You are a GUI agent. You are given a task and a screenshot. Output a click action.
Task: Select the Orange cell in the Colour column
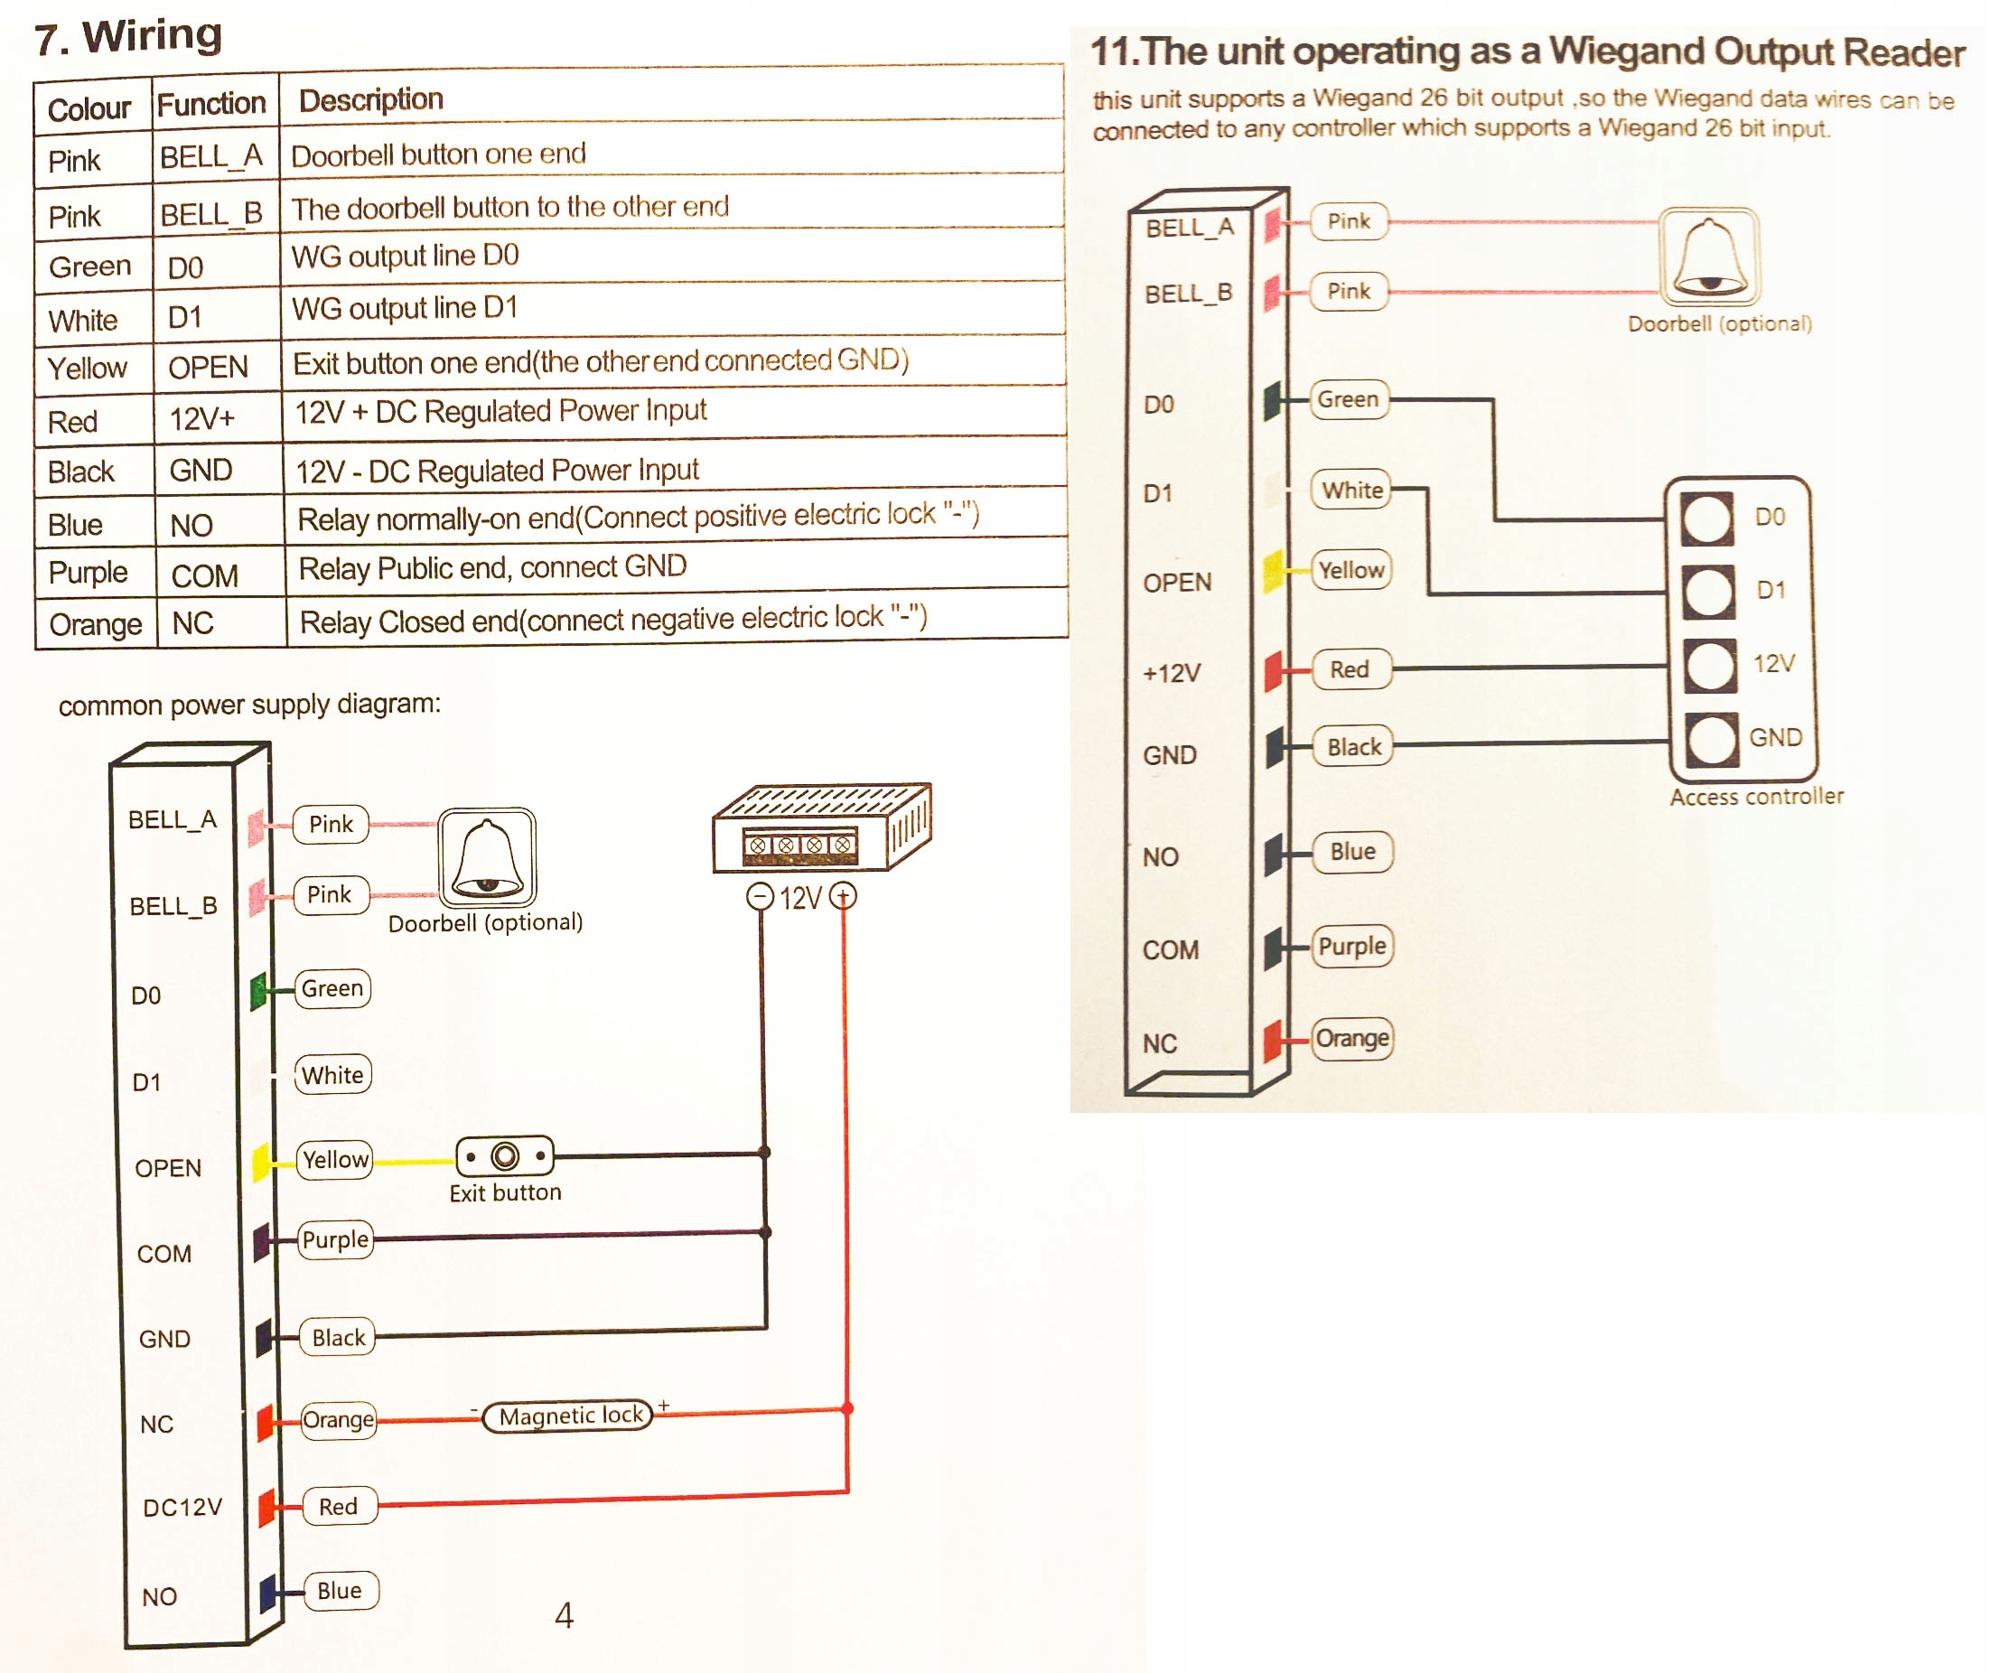tap(95, 624)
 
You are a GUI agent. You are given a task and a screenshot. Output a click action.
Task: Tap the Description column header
tap(371, 99)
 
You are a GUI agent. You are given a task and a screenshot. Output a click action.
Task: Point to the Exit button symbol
tap(505, 1156)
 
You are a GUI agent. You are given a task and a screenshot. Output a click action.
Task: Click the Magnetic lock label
tap(570, 1416)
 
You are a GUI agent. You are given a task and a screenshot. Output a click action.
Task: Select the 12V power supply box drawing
tap(821, 828)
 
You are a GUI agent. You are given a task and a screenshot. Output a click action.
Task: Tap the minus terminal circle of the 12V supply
tap(760, 896)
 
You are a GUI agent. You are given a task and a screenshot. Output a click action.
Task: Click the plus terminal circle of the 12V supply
tap(843, 895)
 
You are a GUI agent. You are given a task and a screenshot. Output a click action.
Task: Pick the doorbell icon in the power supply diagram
tap(488, 857)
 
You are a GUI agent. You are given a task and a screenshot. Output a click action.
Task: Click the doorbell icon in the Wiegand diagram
tap(1709, 257)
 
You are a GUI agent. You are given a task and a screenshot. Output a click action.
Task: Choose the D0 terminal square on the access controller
tap(1707, 519)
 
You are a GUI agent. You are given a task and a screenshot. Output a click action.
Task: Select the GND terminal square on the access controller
tap(1711, 739)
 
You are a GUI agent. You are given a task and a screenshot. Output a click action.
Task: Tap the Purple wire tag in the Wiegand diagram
tap(1351, 947)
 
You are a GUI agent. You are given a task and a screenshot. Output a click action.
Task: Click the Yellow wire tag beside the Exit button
tap(335, 1160)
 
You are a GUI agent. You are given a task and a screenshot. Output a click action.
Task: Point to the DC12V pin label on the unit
tap(182, 1508)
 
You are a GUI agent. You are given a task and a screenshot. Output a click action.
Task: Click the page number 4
tap(565, 1615)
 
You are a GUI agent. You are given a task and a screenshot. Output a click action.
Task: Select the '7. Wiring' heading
tap(128, 37)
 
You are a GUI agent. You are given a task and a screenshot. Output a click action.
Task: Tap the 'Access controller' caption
tap(1757, 797)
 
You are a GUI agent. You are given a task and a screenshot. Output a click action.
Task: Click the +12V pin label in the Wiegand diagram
tap(1172, 673)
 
